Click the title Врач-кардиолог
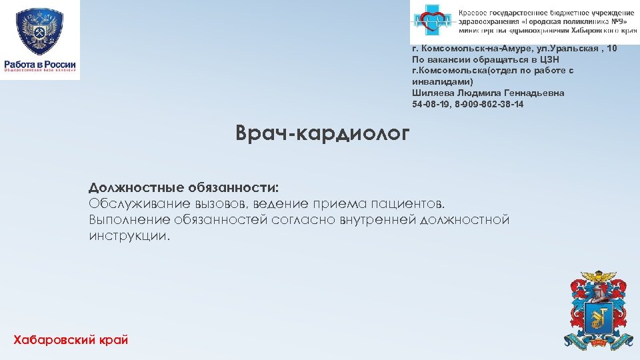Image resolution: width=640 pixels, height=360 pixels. click(x=323, y=134)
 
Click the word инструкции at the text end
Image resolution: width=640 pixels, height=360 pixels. click(x=129, y=236)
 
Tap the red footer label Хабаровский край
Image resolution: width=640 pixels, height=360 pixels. click(x=70, y=340)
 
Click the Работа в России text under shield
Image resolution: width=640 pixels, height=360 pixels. click(x=40, y=64)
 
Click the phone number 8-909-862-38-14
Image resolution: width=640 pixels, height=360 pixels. click(x=486, y=104)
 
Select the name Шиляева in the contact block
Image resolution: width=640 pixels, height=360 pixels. click(x=432, y=93)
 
